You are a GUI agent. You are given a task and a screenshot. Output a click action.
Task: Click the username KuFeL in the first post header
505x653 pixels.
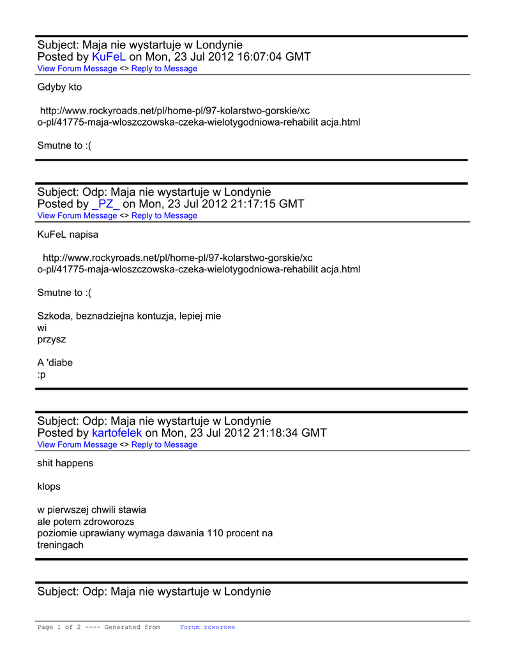point(109,57)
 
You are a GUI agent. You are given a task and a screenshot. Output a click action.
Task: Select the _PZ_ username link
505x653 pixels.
point(105,204)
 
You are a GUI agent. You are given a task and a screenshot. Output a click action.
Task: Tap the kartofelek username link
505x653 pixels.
point(117,433)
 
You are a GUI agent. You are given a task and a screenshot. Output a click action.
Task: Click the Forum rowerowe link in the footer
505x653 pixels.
point(207,627)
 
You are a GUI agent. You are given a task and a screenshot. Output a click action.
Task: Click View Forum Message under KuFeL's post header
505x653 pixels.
point(77,69)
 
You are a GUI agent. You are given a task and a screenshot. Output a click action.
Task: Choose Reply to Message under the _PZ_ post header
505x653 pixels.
point(164,216)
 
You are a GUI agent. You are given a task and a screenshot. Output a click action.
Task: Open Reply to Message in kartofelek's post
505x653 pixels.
point(164,444)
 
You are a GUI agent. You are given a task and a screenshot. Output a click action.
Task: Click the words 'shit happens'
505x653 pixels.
point(65,463)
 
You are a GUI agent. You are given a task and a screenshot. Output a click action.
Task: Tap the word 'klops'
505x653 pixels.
point(49,487)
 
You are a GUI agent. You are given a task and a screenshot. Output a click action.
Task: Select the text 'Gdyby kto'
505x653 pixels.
point(59,87)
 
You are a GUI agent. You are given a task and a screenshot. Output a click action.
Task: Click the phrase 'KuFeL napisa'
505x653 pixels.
point(68,234)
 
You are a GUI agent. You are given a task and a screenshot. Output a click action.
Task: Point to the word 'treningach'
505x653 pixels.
point(60,545)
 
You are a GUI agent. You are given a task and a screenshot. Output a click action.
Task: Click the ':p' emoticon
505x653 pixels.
point(41,374)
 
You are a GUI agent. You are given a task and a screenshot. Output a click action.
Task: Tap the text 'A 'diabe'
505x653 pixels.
point(55,363)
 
